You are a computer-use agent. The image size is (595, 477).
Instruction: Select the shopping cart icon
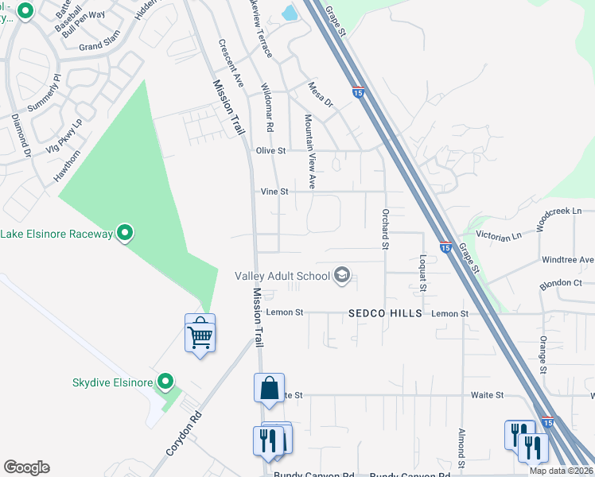tap(200, 334)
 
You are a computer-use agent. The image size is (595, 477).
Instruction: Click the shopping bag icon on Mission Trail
tap(270, 388)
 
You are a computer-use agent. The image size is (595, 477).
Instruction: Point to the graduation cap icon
tap(342, 276)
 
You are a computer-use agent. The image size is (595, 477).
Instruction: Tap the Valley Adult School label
tap(282, 277)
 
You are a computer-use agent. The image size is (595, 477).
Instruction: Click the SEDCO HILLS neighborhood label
tap(385, 314)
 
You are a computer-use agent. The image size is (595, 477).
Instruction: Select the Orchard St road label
tap(384, 229)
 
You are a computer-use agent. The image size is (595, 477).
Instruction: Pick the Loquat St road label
tap(421, 273)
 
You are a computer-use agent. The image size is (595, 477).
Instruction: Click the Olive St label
tap(270, 150)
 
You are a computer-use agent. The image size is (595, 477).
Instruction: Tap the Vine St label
tap(274, 192)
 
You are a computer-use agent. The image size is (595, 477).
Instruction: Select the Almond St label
tap(461, 448)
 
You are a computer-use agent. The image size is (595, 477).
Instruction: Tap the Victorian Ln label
tap(498, 236)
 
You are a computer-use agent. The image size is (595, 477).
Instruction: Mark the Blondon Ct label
tap(562, 283)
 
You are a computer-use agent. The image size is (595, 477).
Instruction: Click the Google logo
tap(26, 467)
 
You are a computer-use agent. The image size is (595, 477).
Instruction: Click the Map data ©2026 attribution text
tap(561, 471)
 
